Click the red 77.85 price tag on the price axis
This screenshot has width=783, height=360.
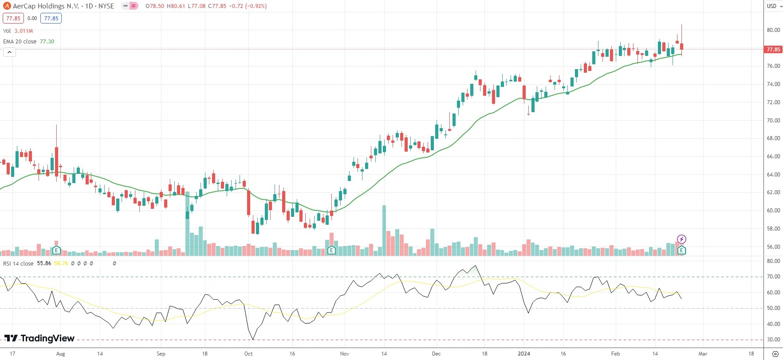click(x=773, y=49)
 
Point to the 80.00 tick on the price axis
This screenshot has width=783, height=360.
click(x=773, y=30)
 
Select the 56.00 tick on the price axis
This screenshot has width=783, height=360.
click(x=773, y=247)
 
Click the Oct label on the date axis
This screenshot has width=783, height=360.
click(x=248, y=354)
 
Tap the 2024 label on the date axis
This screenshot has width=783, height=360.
click(x=524, y=354)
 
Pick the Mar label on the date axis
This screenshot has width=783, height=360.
click(x=703, y=354)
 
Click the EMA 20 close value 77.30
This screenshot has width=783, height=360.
click(x=47, y=42)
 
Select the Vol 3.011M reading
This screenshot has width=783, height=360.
click(x=24, y=31)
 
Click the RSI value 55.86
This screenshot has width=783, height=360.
click(x=44, y=263)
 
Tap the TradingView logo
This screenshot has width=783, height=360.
click(x=39, y=339)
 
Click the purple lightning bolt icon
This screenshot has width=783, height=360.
click(x=682, y=239)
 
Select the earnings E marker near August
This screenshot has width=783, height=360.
click(x=56, y=250)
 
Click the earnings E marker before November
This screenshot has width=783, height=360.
click(x=331, y=250)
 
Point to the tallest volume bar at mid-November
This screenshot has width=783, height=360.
click(x=384, y=231)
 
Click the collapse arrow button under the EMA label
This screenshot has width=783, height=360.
click(x=9, y=52)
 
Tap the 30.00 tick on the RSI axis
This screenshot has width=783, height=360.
click(x=773, y=340)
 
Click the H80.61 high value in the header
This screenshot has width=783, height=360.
click(x=176, y=6)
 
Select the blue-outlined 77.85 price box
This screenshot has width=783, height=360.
click(x=51, y=19)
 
